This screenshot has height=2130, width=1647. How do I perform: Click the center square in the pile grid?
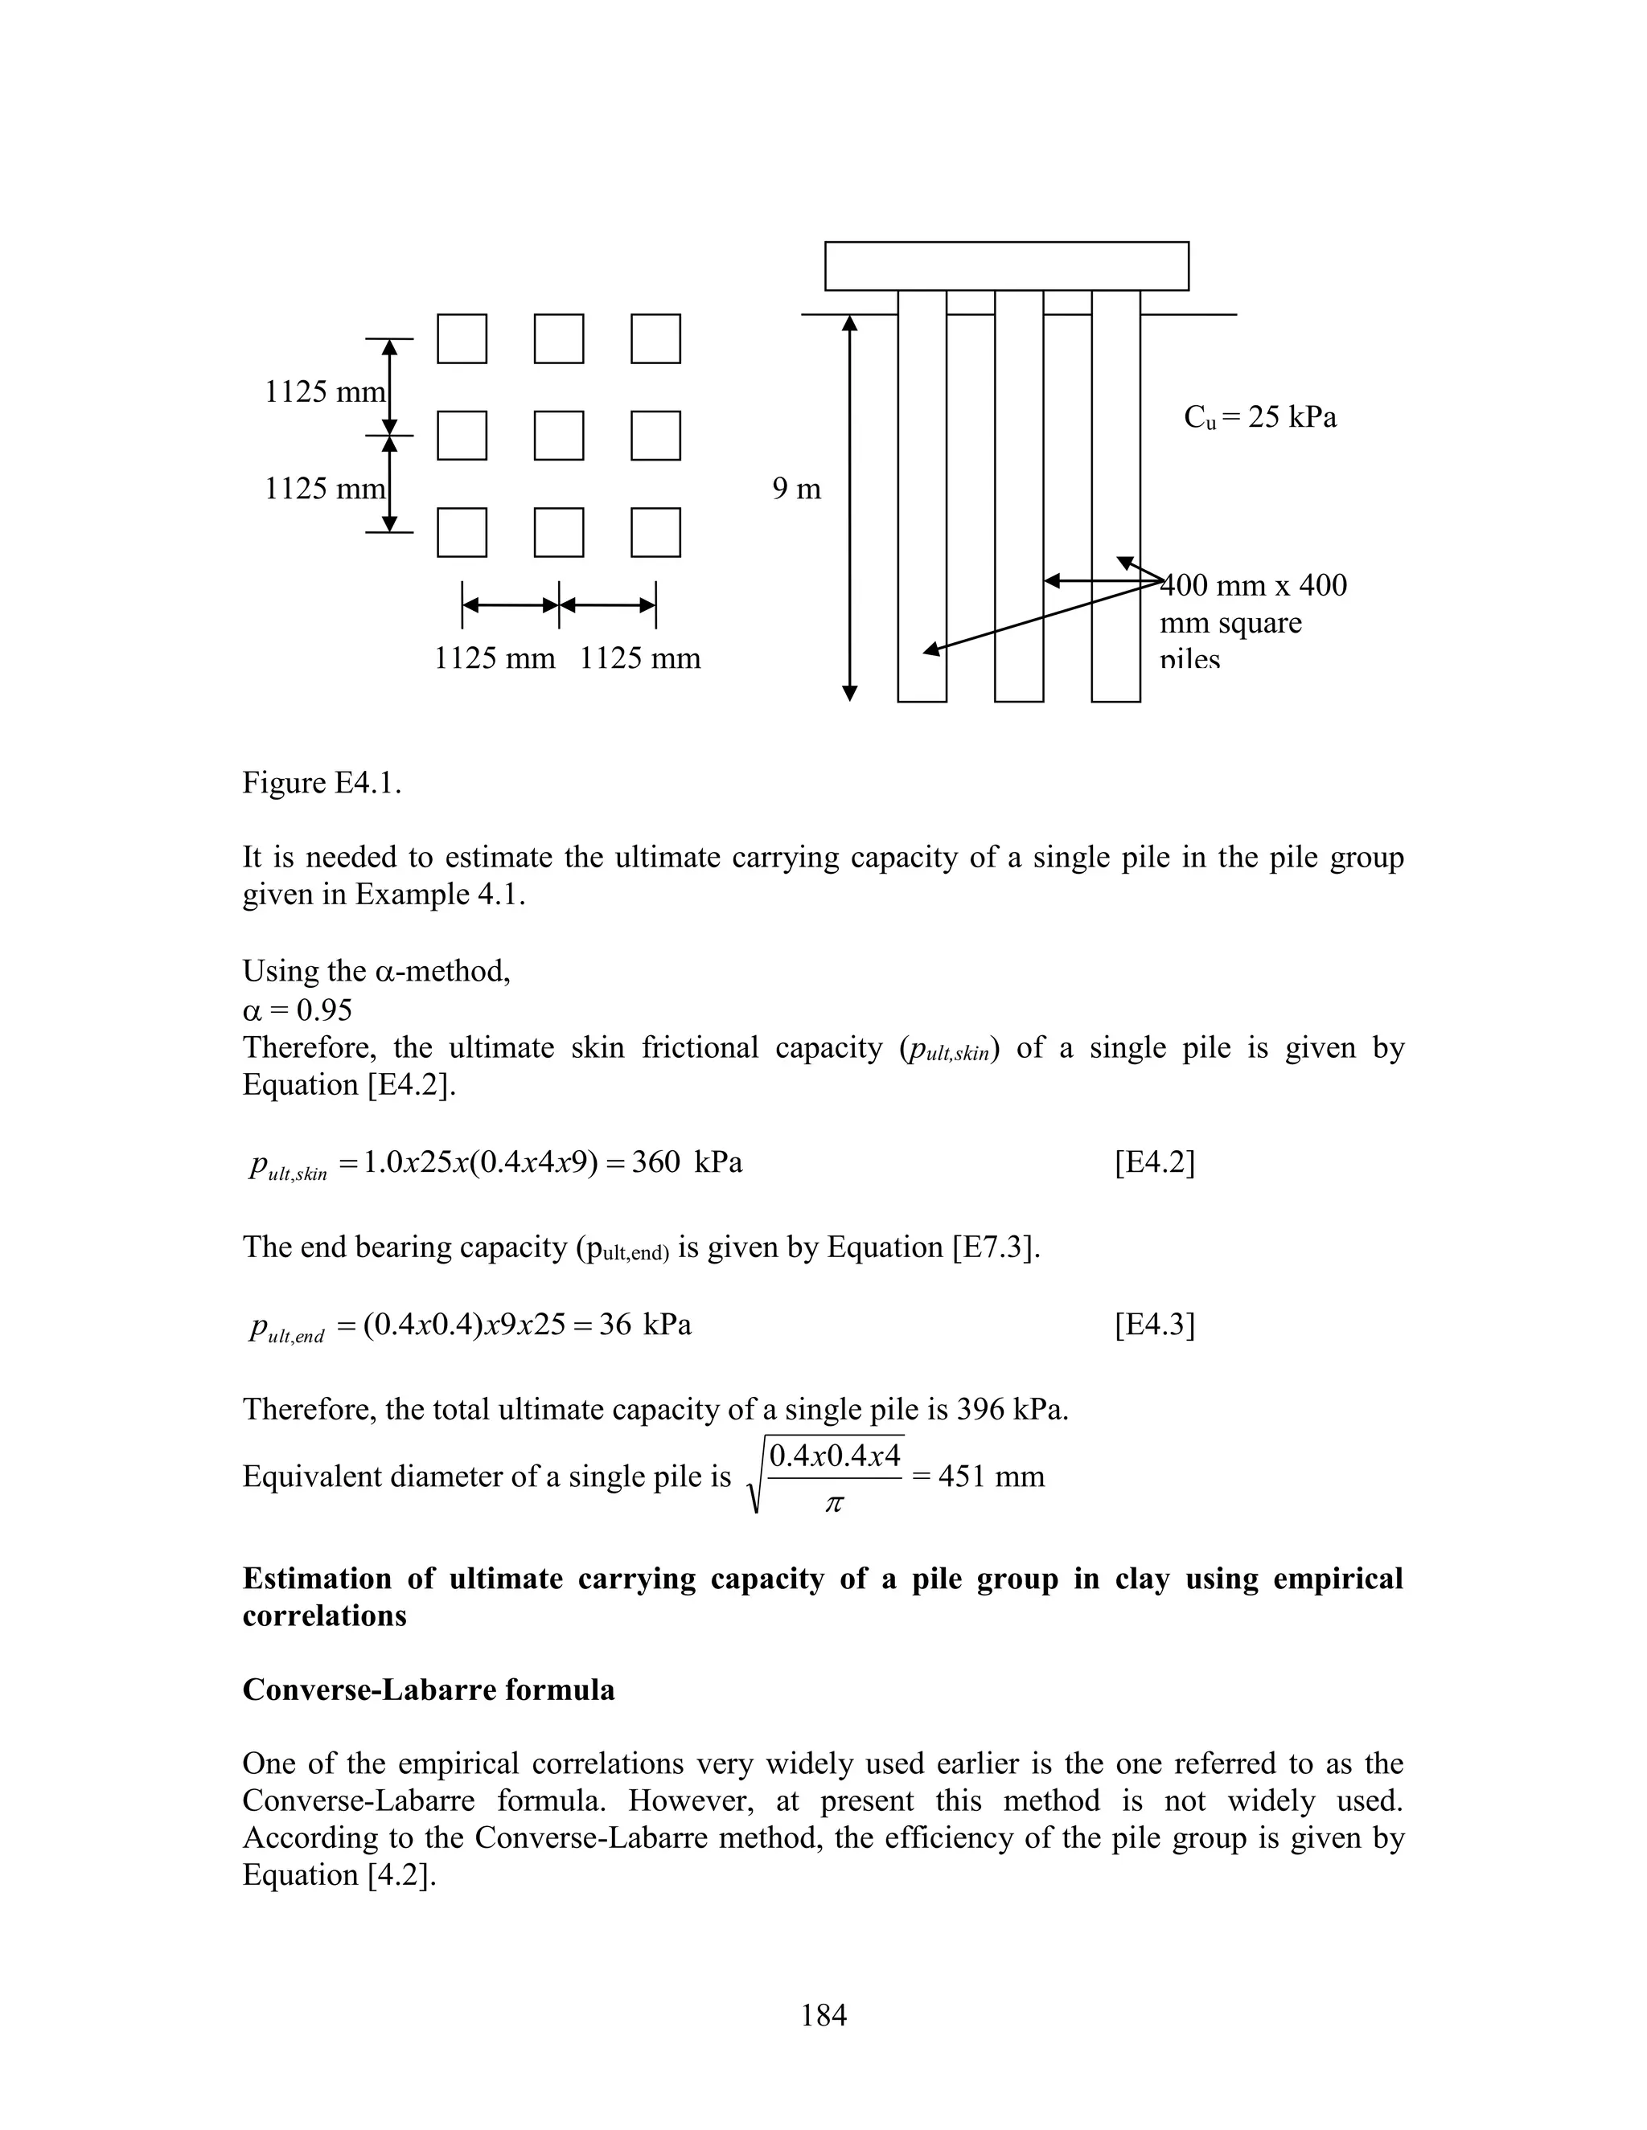559,436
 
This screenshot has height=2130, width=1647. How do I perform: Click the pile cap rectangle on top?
1006,266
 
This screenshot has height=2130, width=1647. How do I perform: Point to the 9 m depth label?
796,489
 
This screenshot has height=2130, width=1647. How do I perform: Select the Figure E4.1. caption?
322,782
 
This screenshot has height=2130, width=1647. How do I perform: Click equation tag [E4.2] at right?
1154,1162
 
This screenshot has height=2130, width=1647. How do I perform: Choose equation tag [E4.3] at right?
1154,1325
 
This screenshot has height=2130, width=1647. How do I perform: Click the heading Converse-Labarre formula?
429,1690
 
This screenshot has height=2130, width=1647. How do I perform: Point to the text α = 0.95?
298,1010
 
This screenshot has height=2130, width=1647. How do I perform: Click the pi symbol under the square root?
833,1504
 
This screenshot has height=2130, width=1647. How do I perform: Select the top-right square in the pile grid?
655,339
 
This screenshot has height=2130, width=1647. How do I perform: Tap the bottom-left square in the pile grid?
462,532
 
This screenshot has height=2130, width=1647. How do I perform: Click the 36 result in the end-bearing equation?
614,1325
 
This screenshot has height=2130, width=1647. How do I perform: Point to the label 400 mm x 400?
1254,585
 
